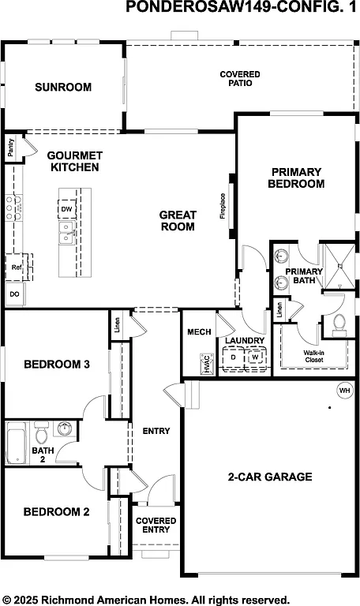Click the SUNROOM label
coord(63,88)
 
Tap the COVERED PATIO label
coord(239,78)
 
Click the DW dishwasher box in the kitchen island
coord(67,209)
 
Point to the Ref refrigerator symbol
coord(16,267)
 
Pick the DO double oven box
coord(13,294)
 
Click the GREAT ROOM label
coord(178,220)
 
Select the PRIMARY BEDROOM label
coord(296,178)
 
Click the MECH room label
coord(198,332)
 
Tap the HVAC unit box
coord(206,363)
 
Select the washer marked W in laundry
coord(255,357)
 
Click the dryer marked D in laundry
coord(234,357)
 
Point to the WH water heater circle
coord(344,390)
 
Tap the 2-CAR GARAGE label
coord(270,477)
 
